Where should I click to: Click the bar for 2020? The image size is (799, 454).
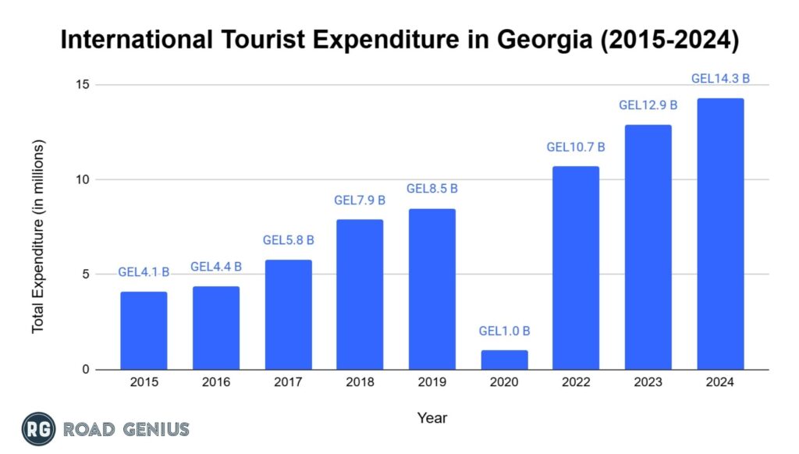[x=504, y=360]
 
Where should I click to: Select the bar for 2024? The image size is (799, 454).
[x=720, y=234]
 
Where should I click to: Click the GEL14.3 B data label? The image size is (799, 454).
[x=720, y=79]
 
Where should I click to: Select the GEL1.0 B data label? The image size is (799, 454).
[x=504, y=331]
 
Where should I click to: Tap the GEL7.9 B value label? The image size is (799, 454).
[x=360, y=200]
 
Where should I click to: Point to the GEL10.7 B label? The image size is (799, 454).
[x=576, y=147]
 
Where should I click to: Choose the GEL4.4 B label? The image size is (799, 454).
[x=216, y=267]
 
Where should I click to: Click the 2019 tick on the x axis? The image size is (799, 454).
[x=431, y=382]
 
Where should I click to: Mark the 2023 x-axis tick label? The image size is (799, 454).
[x=648, y=382]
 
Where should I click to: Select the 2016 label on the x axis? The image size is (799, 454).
[x=216, y=382]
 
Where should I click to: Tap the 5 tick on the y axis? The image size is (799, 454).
[x=85, y=275]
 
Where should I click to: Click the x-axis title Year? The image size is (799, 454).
[x=431, y=418]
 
